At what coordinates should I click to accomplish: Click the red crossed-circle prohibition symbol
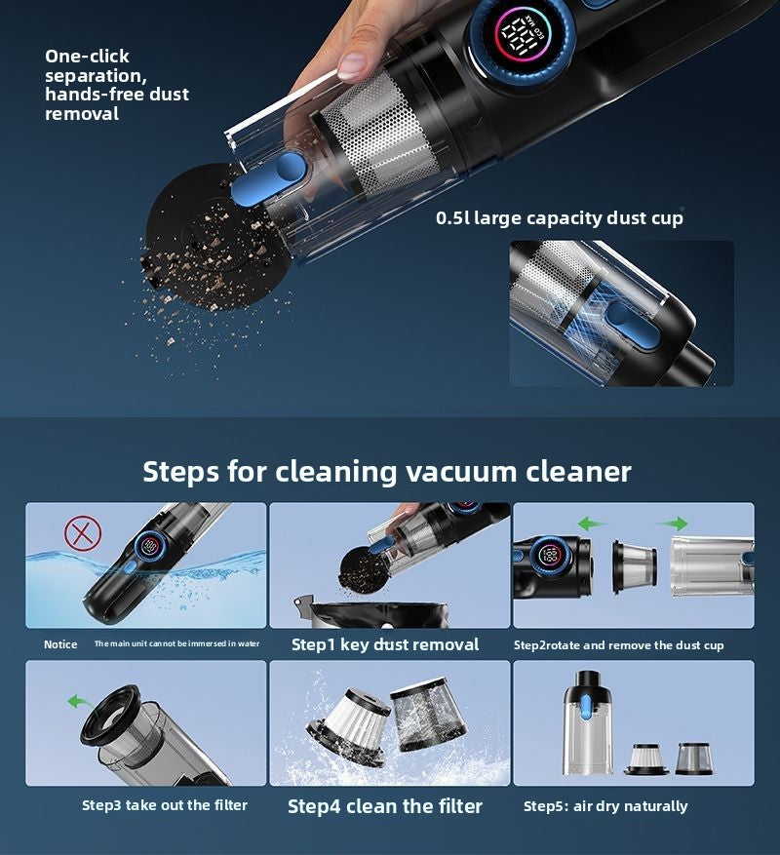pyautogui.click(x=83, y=533)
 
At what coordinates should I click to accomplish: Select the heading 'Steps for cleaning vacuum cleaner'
pyautogui.click(x=387, y=472)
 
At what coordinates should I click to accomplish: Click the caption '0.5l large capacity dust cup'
pyautogui.click(x=560, y=218)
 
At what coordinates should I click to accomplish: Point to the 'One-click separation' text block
pyautogui.click(x=117, y=85)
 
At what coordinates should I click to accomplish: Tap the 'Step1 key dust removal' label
pyautogui.click(x=385, y=644)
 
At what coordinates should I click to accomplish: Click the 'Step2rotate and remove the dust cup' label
pyautogui.click(x=618, y=645)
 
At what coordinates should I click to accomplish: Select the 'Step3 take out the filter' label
pyautogui.click(x=165, y=805)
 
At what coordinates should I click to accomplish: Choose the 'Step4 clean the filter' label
pyautogui.click(x=385, y=806)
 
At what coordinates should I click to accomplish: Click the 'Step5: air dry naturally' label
pyautogui.click(x=605, y=806)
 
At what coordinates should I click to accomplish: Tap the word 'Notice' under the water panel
pyautogui.click(x=60, y=644)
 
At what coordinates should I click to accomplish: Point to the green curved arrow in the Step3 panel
pyautogui.click(x=75, y=700)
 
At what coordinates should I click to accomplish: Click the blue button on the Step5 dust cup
pyautogui.click(x=588, y=711)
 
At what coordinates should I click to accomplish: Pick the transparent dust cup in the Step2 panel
pyautogui.click(x=709, y=565)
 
